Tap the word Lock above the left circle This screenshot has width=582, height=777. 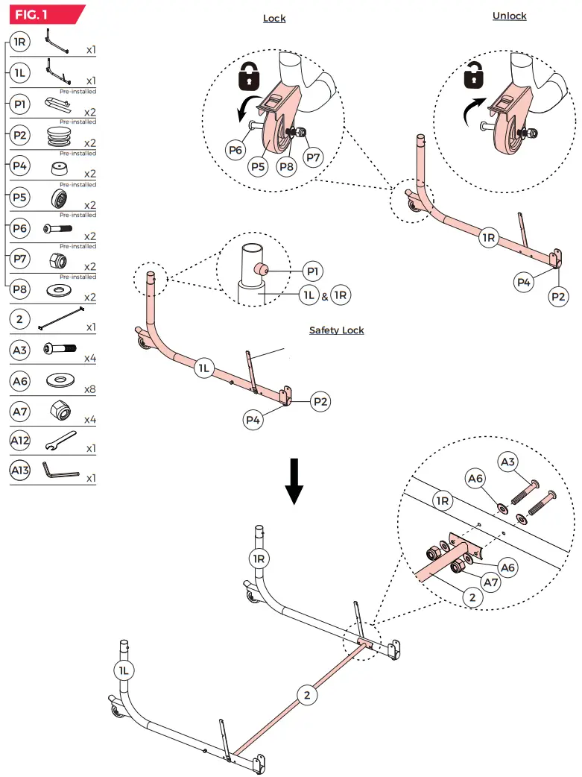click(274, 19)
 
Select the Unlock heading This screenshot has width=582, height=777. click(510, 16)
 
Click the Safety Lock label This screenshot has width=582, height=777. click(337, 330)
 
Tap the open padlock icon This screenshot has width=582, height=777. click(472, 74)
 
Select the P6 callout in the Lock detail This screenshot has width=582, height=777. click(236, 150)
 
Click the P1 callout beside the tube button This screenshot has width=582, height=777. click(314, 271)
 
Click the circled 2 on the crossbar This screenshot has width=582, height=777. click(306, 695)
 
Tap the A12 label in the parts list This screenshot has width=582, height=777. click(20, 441)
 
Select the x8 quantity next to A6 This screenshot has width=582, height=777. click(90, 388)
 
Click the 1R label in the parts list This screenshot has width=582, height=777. click(20, 42)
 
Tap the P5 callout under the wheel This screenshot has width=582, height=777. click(258, 167)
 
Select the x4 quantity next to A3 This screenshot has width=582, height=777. click(90, 359)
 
